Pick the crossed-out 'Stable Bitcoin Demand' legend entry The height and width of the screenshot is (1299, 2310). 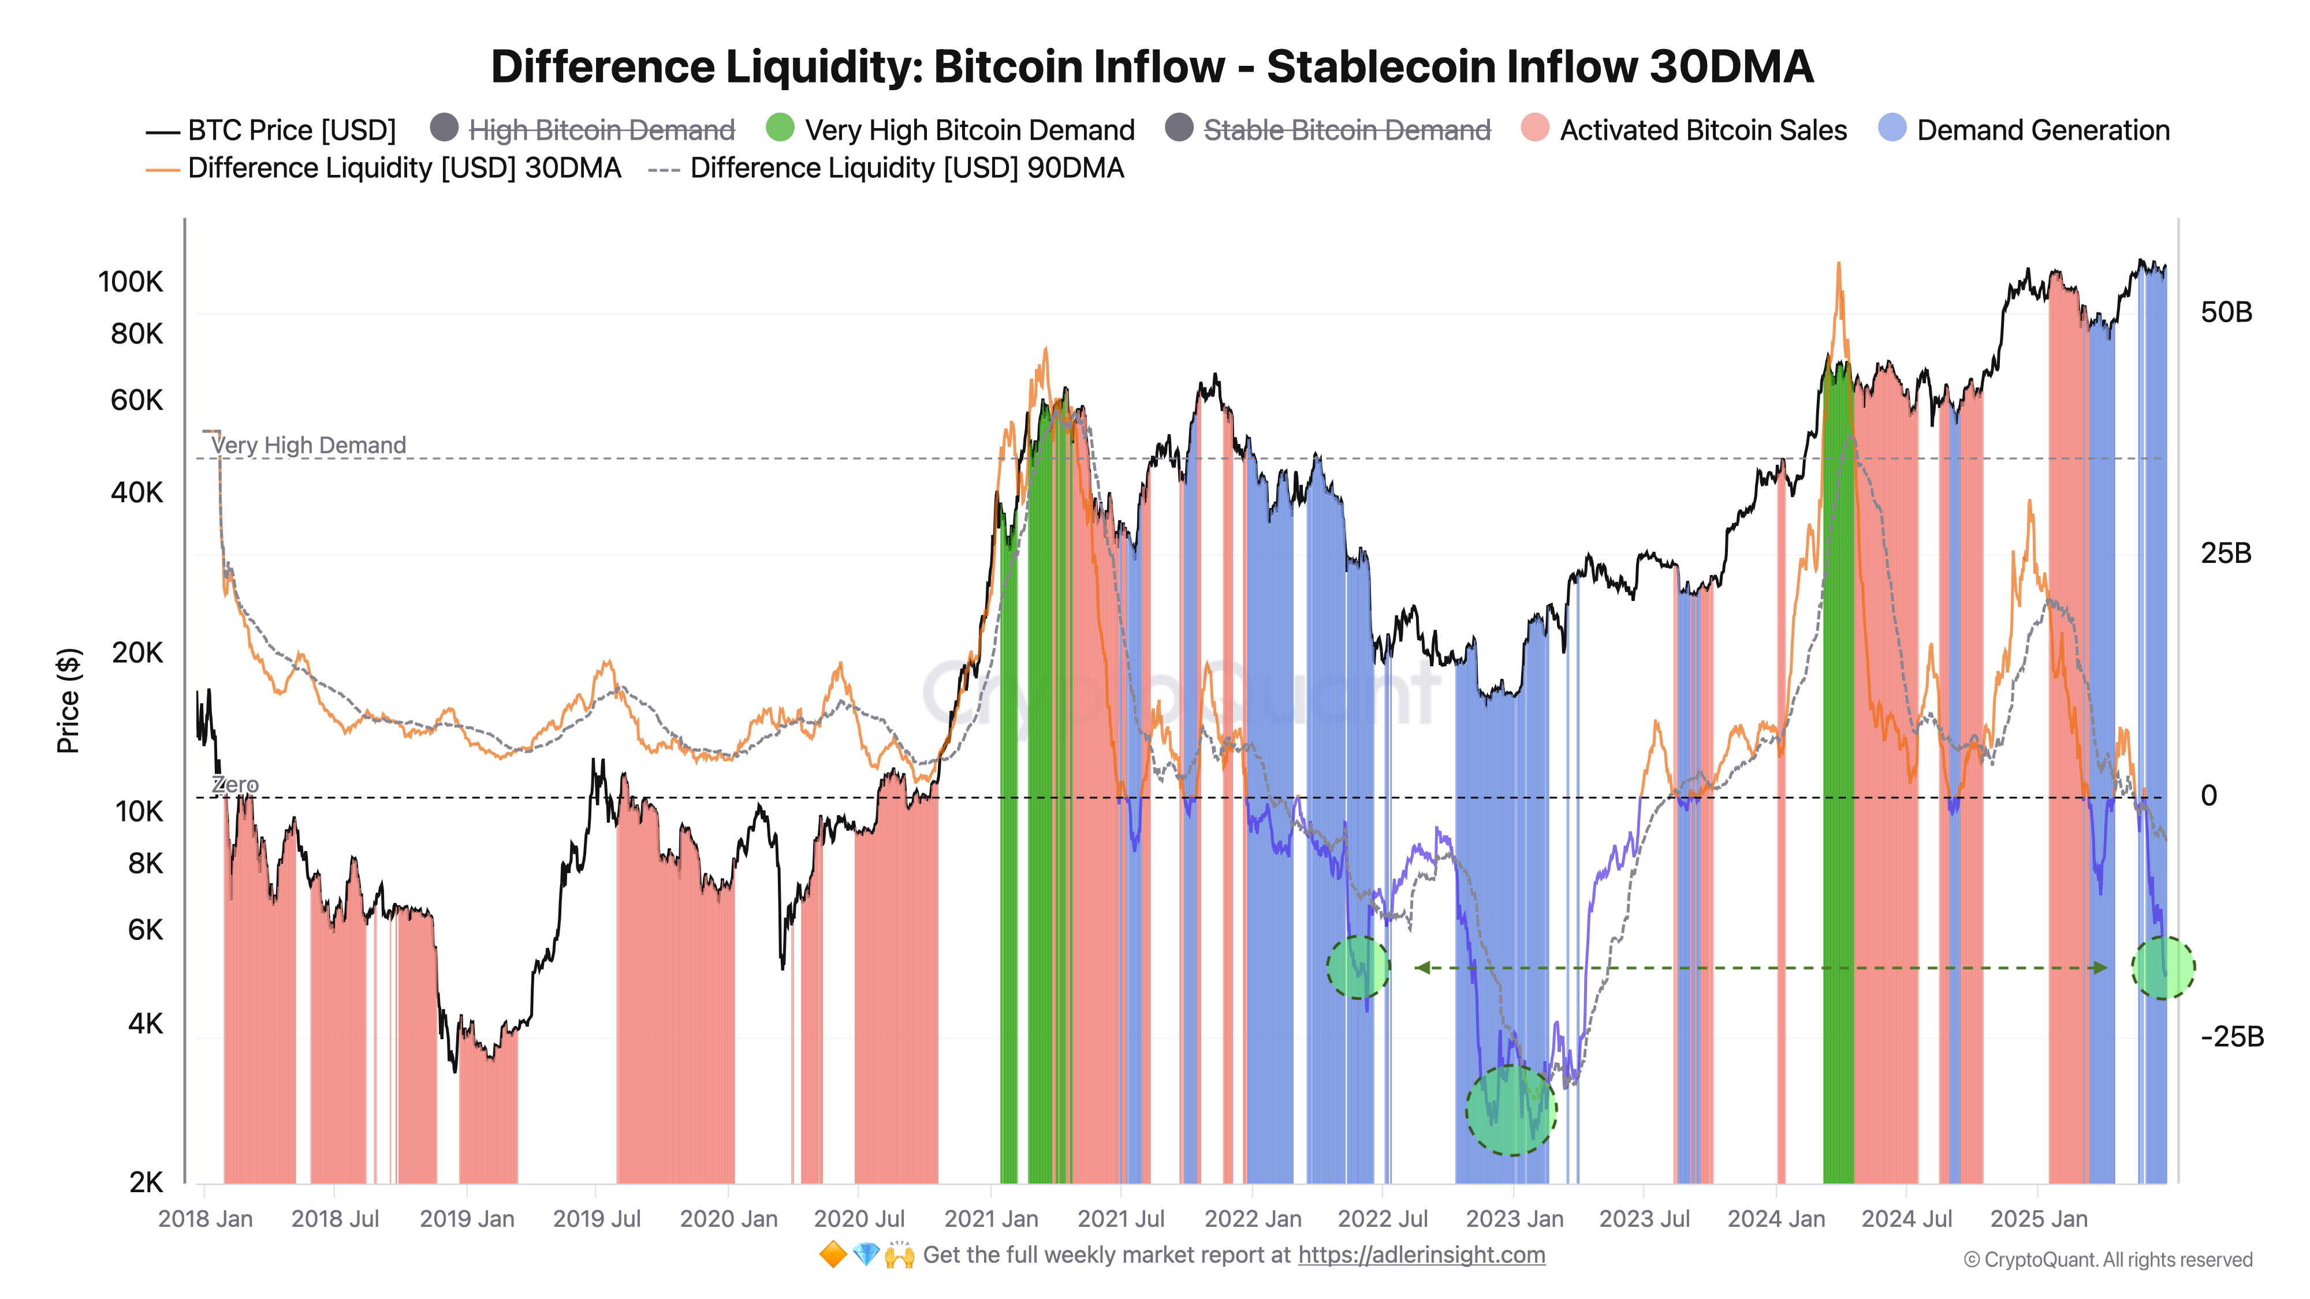(x=1345, y=131)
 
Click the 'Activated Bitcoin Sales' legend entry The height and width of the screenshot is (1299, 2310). (x=1702, y=131)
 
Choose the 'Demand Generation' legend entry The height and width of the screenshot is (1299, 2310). (x=2042, y=131)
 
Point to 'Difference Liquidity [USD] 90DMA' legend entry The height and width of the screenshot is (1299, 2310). (x=906, y=169)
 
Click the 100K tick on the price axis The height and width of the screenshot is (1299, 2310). (x=131, y=282)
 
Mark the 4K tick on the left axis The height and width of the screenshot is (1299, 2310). (x=146, y=1024)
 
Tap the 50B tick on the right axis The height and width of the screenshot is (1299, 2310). (x=2226, y=313)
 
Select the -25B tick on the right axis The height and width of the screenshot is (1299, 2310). (x=2231, y=1037)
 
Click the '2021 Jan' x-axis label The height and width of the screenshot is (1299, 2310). (x=991, y=1219)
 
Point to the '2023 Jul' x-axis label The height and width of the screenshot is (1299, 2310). (x=1644, y=1219)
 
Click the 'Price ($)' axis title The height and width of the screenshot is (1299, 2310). (x=68, y=700)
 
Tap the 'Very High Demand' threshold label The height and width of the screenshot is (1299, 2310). (x=308, y=446)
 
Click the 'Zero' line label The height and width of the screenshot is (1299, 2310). (x=235, y=785)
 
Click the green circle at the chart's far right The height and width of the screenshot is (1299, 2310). (x=2162, y=967)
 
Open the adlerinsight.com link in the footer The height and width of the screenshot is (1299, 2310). (x=1421, y=1255)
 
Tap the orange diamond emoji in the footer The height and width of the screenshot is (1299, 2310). (x=832, y=1255)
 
